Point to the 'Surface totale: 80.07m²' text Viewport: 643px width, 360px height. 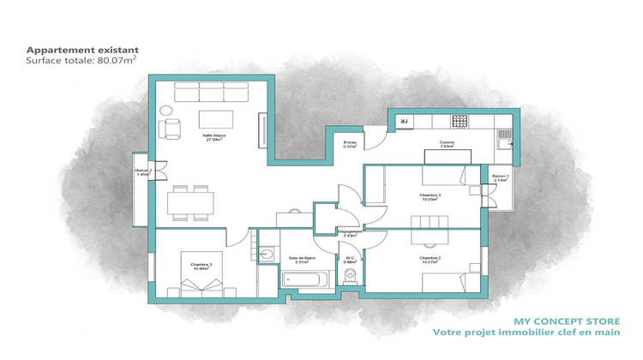[82, 62]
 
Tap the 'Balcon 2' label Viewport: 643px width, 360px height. [143, 172]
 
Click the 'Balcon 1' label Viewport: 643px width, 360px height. [501, 178]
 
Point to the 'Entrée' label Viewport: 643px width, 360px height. [350, 144]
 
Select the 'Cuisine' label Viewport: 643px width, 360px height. [446, 144]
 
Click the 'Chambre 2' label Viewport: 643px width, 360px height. [430, 259]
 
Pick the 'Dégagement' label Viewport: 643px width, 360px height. [350, 232]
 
